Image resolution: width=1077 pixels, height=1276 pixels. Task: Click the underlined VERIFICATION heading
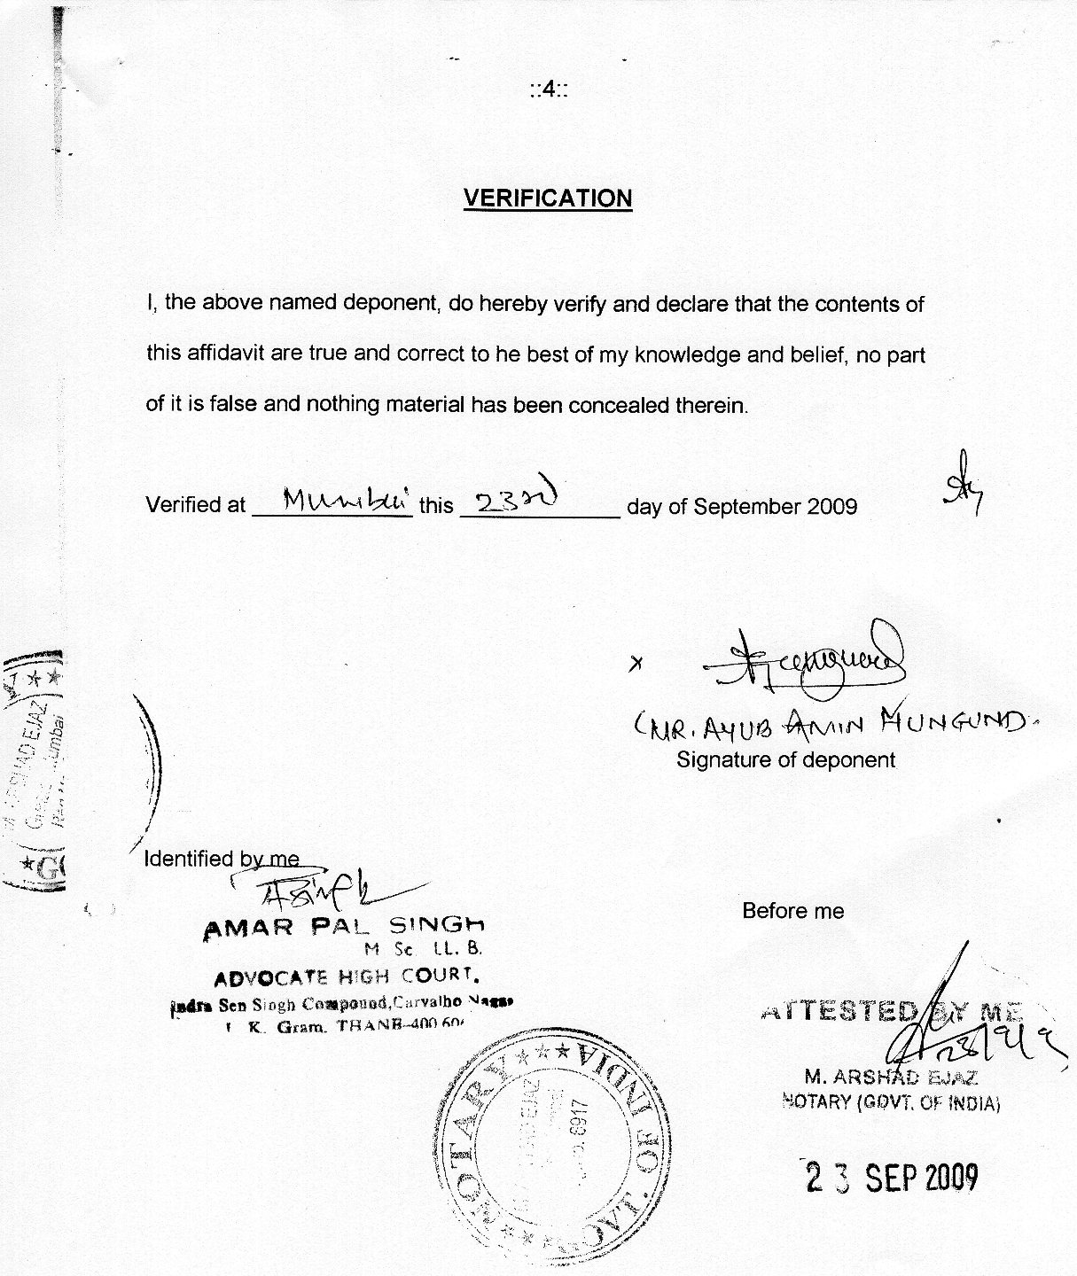click(548, 198)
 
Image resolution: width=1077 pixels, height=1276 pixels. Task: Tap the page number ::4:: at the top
click(549, 89)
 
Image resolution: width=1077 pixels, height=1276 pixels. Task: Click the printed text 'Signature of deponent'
click(785, 759)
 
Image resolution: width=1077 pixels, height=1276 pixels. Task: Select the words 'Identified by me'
click(222, 859)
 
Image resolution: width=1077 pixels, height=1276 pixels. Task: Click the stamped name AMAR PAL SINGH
click(344, 927)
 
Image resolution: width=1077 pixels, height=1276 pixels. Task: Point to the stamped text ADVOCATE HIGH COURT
click(347, 976)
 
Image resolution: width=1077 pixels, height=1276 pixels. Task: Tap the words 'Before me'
click(792, 911)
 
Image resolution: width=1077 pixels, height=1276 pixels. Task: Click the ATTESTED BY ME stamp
click(891, 1011)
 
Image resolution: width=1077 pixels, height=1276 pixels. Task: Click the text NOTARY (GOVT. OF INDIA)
click(890, 1103)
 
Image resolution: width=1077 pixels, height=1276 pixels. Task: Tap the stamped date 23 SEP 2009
click(892, 1178)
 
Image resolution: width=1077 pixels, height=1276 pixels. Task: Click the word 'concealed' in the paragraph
click(619, 405)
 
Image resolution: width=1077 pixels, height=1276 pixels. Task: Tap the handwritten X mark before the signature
click(635, 664)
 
